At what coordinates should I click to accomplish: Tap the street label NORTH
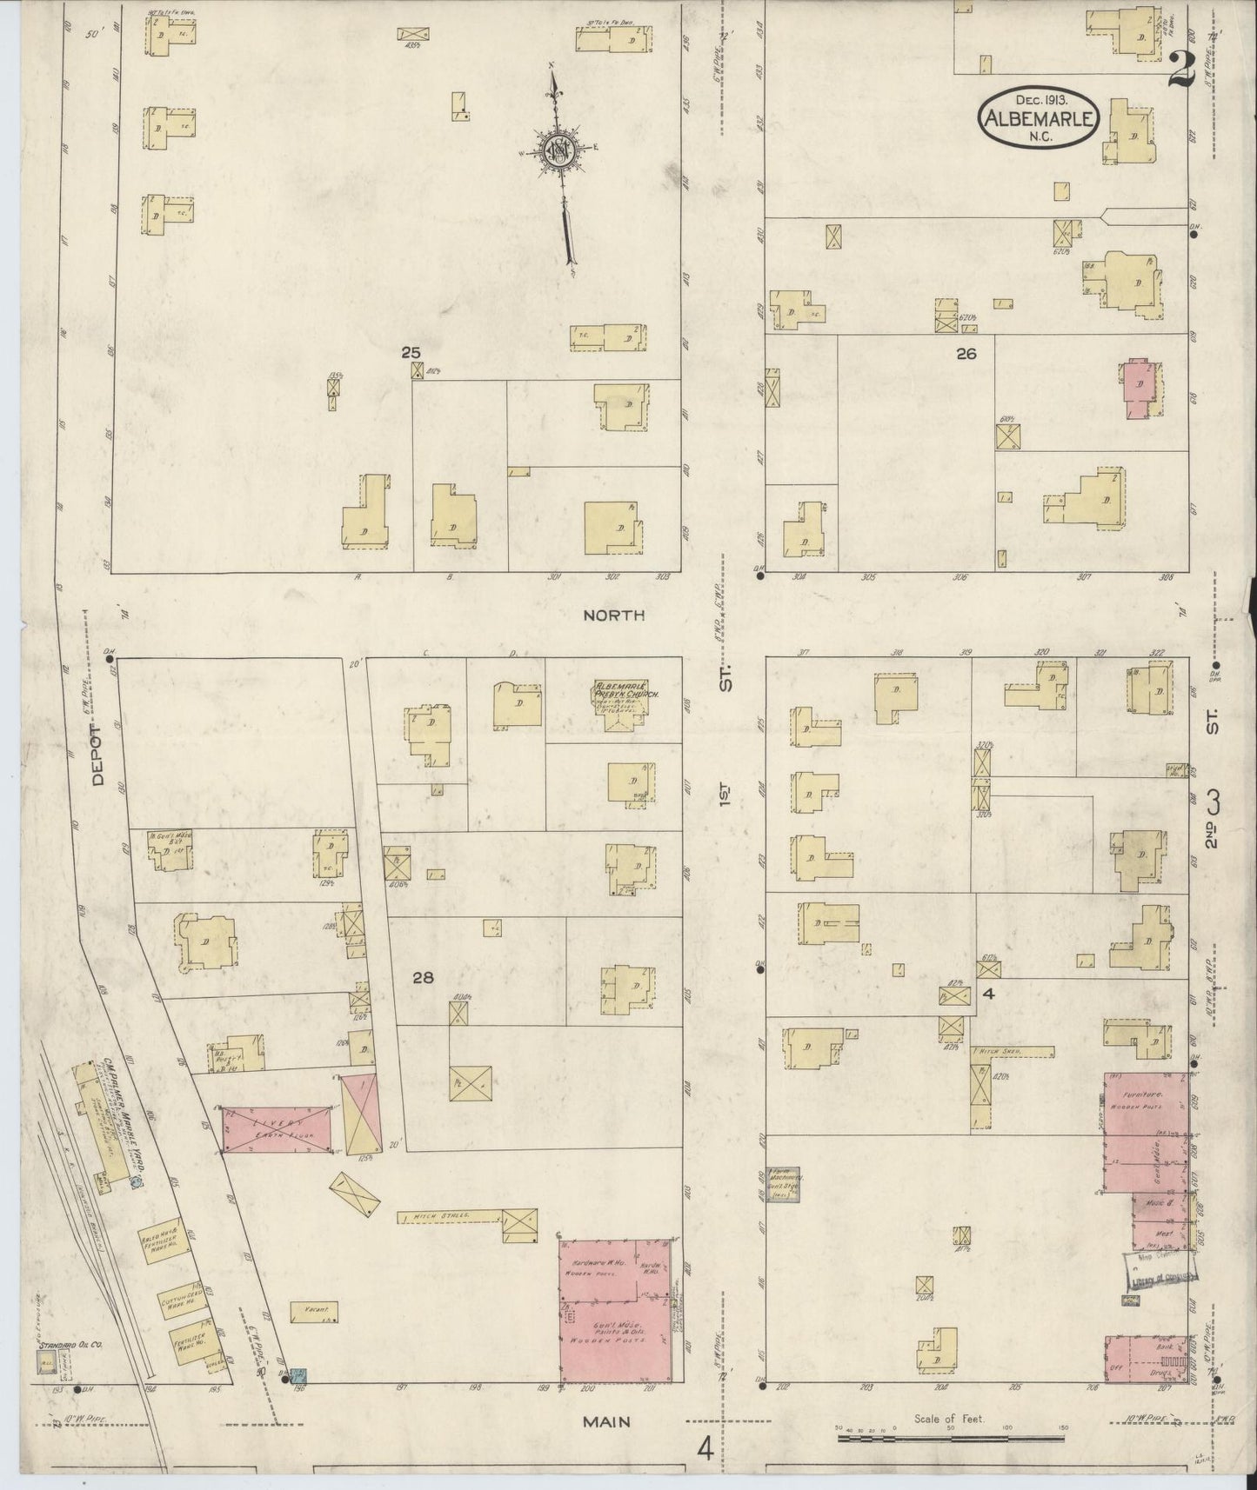tap(613, 615)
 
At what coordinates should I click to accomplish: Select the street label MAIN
tap(606, 1422)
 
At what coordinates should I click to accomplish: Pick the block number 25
tap(411, 353)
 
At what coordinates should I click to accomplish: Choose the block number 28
tap(423, 978)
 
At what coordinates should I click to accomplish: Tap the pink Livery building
tap(277, 1130)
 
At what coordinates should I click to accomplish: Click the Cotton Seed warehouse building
tap(182, 1300)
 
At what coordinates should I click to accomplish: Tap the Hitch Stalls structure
tap(449, 1217)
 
